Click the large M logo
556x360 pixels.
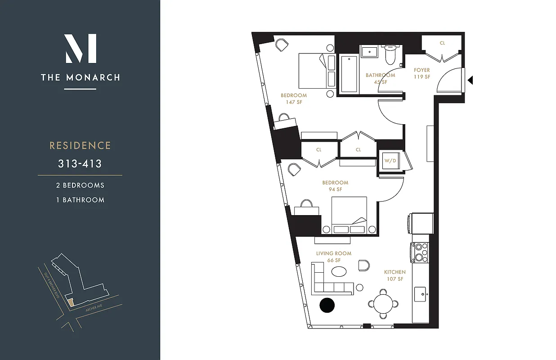coord(81,48)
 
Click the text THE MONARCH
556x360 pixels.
coord(81,77)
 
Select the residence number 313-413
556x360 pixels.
coord(80,163)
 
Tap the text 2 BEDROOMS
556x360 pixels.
coord(80,185)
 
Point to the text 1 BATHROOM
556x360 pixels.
coord(80,200)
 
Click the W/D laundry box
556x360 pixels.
coord(389,160)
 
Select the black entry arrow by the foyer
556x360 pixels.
coord(470,81)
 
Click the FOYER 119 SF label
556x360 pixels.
coord(422,73)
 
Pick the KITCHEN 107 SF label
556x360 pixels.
coord(395,275)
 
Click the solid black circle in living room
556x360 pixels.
coord(327,305)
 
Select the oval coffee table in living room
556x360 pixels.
coord(339,272)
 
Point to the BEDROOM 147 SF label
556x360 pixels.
coord(294,99)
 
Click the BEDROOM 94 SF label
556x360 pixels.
coord(335,186)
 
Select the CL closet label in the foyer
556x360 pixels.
coord(442,43)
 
